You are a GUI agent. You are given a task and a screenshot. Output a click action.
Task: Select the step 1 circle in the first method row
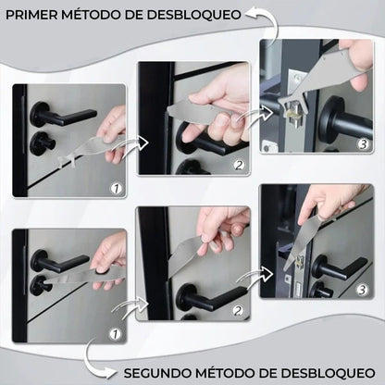pos(116,188)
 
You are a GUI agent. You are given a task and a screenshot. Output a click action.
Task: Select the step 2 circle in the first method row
pos(238,166)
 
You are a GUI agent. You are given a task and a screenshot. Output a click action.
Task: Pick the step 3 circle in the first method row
pos(363,144)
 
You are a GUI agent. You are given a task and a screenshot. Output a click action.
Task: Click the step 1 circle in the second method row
pos(116,332)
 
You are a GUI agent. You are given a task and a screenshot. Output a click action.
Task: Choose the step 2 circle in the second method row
pos(239,310)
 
